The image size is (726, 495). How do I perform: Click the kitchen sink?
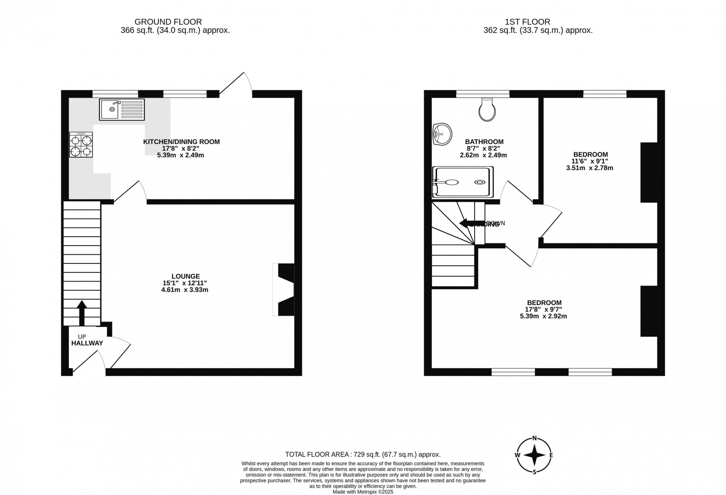pyautogui.click(x=122, y=109)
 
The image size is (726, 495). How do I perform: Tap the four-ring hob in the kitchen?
pyautogui.click(x=81, y=144)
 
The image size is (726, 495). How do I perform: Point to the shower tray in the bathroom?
pyautogui.click(x=462, y=182)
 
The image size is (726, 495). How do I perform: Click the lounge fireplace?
pyautogui.click(x=285, y=289)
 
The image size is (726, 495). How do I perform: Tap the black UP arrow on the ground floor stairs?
pyautogui.click(x=82, y=312)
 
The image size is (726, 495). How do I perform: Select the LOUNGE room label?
pyautogui.click(x=186, y=276)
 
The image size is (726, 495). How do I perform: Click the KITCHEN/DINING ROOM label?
pyautogui.click(x=181, y=142)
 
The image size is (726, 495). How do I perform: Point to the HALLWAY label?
pyautogui.click(x=87, y=343)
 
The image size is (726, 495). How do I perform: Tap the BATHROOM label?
pyautogui.click(x=484, y=142)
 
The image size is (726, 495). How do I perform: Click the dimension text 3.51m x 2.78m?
pyautogui.click(x=589, y=168)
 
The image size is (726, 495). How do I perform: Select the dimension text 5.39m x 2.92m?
pyautogui.click(x=544, y=316)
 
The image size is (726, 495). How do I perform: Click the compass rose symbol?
pyautogui.click(x=535, y=455)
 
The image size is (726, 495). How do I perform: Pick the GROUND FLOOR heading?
pyautogui.click(x=168, y=22)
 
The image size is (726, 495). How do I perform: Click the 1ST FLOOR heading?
pyautogui.click(x=528, y=22)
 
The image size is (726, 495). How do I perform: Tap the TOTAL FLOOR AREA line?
pyautogui.click(x=363, y=454)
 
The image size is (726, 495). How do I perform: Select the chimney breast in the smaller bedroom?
pyautogui.click(x=649, y=172)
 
